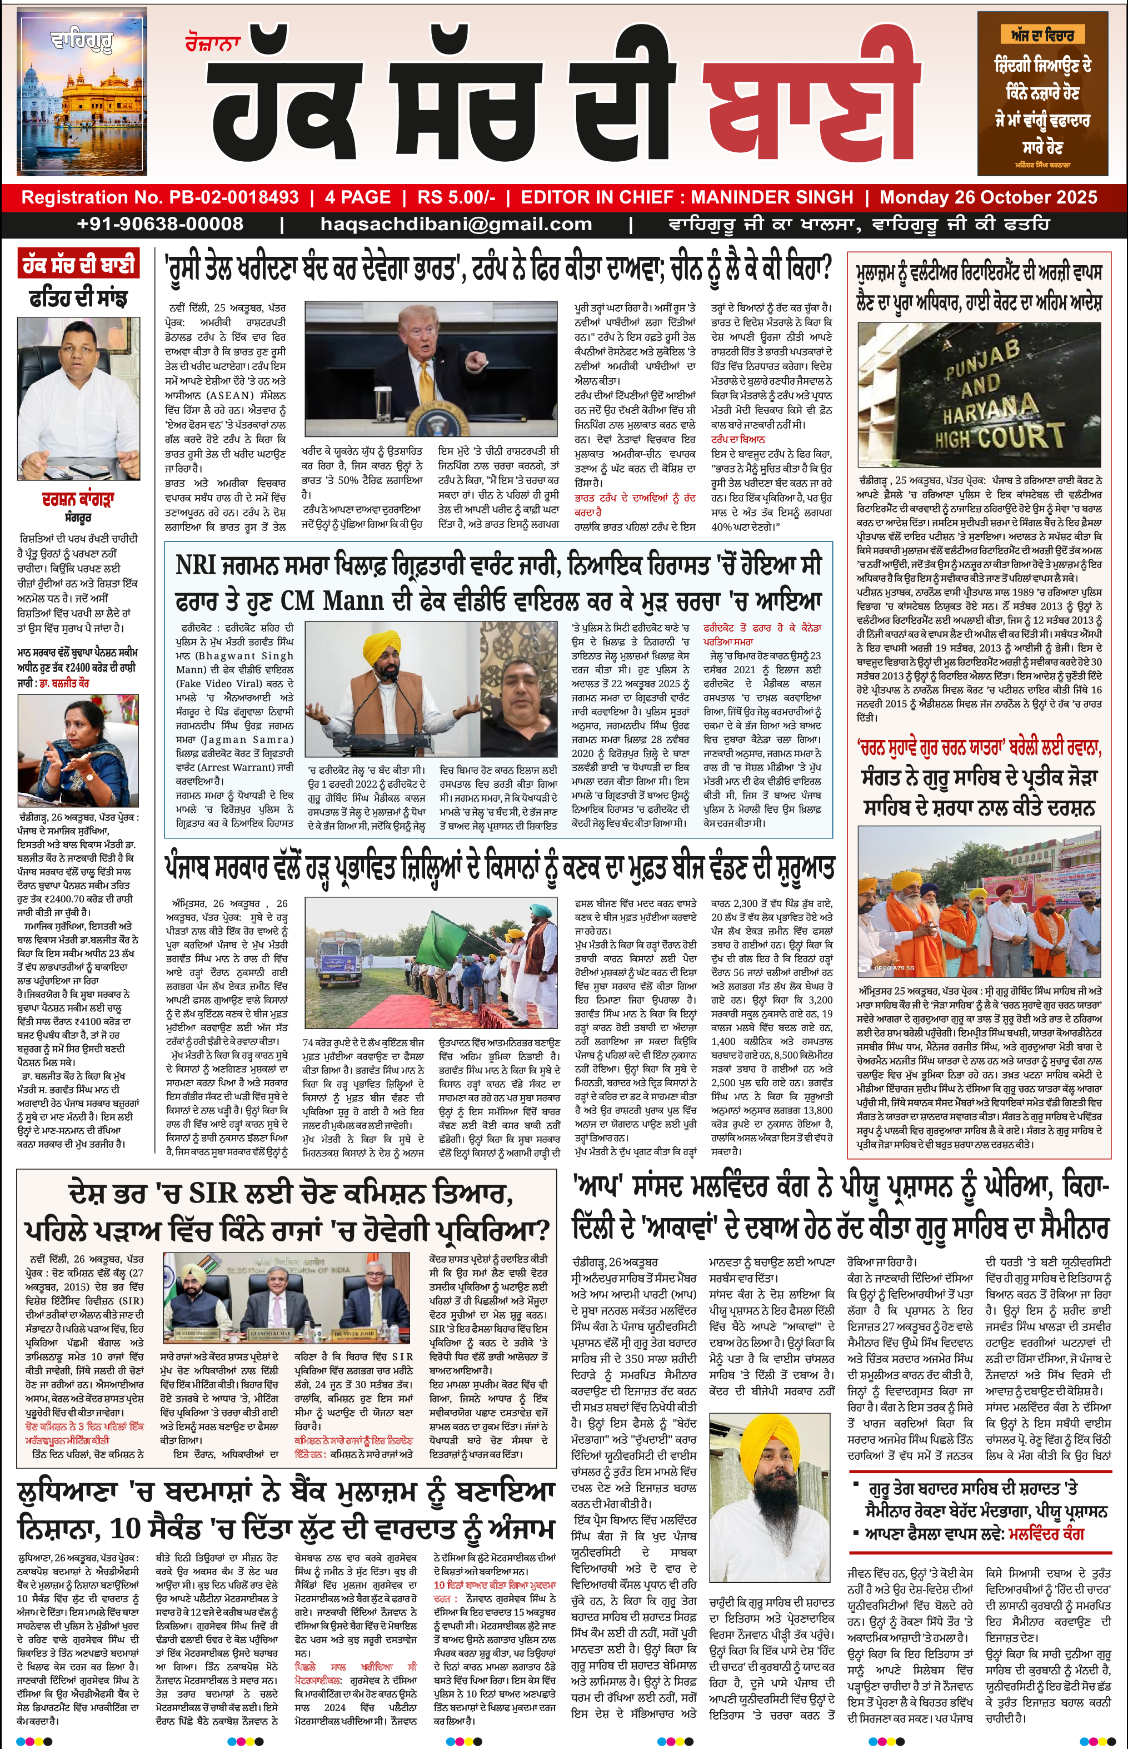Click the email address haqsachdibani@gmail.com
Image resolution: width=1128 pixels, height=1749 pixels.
tap(456, 224)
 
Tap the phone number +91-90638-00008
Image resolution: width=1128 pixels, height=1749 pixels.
tap(159, 224)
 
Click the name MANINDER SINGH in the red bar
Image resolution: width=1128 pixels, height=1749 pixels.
tap(771, 197)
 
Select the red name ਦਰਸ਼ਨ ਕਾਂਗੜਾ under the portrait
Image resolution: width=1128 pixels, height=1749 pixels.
tap(78, 500)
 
